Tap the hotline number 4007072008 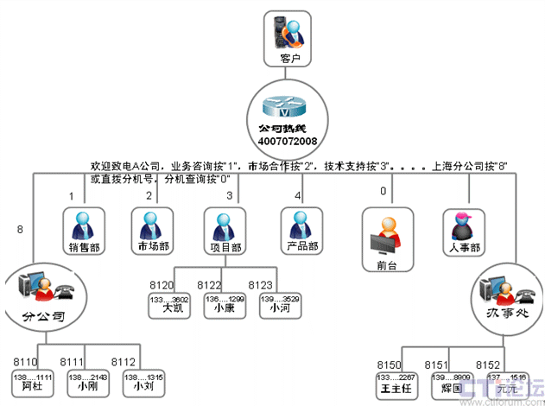pyautogui.click(x=287, y=139)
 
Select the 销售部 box pyautogui.click(x=84, y=231)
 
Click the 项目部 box pyautogui.click(x=226, y=231)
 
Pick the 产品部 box pyautogui.click(x=301, y=231)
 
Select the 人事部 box pyautogui.click(x=466, y=231)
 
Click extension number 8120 pyautogui.click(x=161, y=284)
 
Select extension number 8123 pyautogui.click(x=261, y=284)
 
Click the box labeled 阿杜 pyautogui.click(x=33, y=383)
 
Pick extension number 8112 pyautogui.click(x=124, y=362)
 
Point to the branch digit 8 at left pyautogui.click(x=20, y=229)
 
